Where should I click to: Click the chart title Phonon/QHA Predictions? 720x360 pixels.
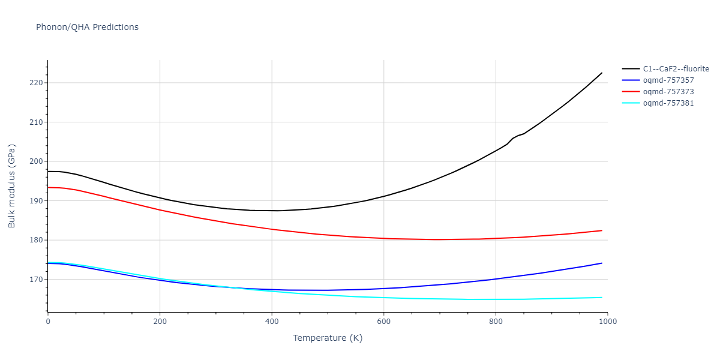87,27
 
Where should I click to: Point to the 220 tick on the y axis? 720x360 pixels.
37,83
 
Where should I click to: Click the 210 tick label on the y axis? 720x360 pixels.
37,122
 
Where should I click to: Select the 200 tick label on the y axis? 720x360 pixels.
37,161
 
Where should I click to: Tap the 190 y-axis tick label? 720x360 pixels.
37,201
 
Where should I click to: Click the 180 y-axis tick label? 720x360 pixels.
37,240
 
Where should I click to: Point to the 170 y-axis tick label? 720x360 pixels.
37,280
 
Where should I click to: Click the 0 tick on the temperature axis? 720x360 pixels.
48,321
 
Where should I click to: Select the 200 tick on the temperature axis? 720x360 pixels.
160,321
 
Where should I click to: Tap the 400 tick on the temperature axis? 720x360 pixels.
272,321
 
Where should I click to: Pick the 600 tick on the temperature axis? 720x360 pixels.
384,321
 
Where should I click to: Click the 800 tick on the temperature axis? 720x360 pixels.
496,321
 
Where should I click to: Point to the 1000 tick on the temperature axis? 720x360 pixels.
607,321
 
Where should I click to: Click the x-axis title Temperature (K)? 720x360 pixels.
328,338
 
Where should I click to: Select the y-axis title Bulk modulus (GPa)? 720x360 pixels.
12,186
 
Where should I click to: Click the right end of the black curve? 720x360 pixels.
602,73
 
